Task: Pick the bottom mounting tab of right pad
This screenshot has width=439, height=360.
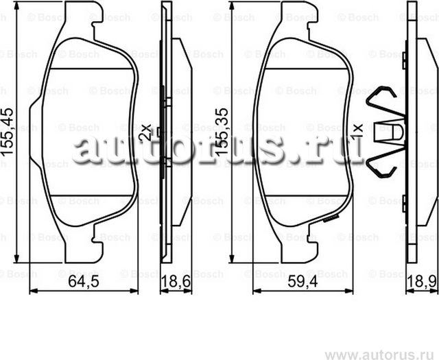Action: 302,254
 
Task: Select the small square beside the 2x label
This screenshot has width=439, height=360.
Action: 159,131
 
